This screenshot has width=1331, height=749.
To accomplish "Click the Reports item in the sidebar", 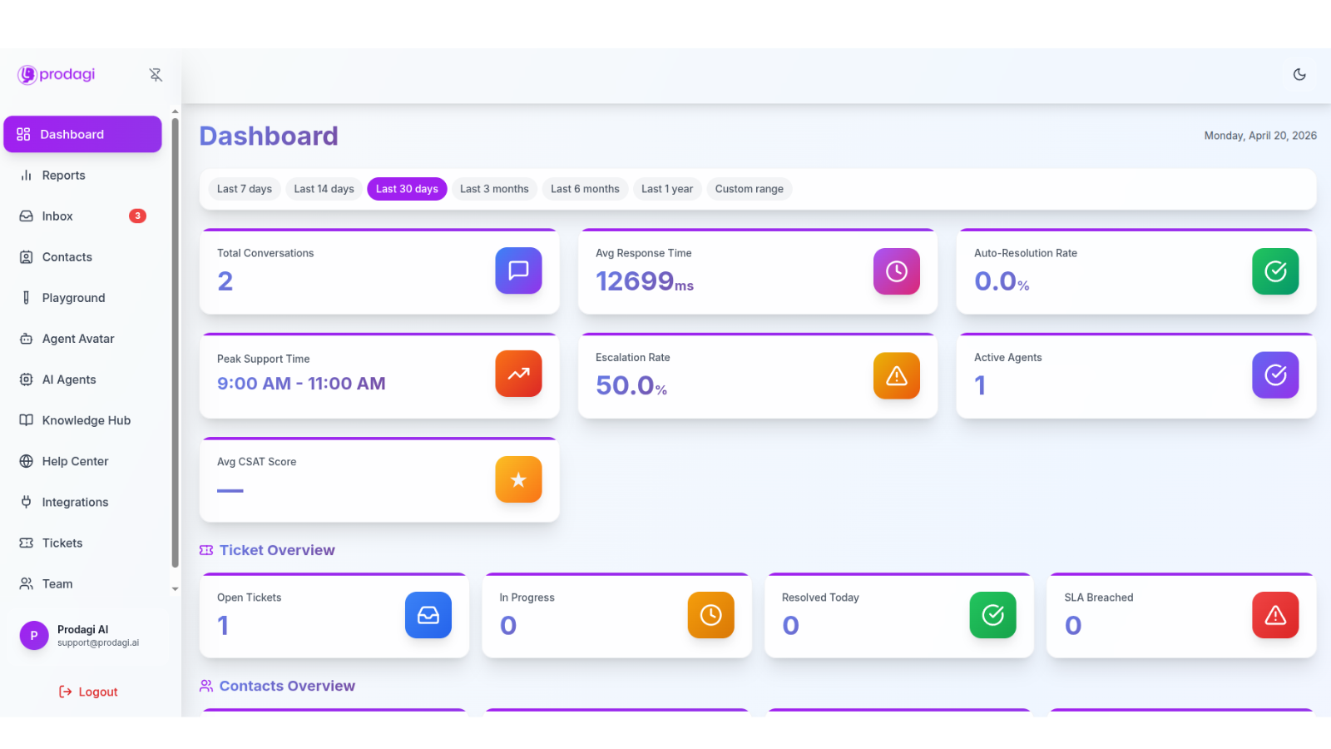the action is (x=63, y=176).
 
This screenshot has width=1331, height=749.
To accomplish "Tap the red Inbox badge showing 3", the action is (x=137, y=216).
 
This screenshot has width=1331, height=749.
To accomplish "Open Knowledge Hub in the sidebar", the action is (x=87, y=420).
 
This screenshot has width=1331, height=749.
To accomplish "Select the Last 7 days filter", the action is (x=245, y=189).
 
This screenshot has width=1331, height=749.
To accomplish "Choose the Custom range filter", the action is (x=749, y=189).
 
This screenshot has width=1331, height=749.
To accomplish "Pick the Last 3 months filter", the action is (x=494, y=189).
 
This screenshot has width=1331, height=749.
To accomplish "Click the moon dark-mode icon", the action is (x=1299, y=74).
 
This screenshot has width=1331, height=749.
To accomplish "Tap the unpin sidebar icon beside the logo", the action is (x=155, y=75).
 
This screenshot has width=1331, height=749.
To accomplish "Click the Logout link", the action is (x=88, y=692).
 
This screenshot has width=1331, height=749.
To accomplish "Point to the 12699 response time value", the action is (x=635, y=281).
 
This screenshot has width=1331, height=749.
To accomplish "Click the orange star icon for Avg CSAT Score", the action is (x=518, y=479).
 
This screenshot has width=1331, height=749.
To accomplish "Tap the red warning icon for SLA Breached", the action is (x=1275, y=615).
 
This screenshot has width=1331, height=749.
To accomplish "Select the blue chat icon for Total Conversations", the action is (x=518, y=270).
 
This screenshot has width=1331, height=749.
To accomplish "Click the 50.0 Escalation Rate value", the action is (x=625, y=385).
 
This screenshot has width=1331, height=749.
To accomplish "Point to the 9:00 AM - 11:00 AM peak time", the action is (x=301, y=384).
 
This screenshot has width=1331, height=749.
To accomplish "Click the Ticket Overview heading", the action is (x=277, y=550).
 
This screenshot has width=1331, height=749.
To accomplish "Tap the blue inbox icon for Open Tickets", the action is (x=428, y=615).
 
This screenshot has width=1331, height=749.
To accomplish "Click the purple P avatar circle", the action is (x=34, y=636).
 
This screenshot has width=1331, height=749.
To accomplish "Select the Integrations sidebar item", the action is (x=75, y=503).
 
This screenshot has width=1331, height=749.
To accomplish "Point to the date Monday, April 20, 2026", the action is (x=1260, y=136).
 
